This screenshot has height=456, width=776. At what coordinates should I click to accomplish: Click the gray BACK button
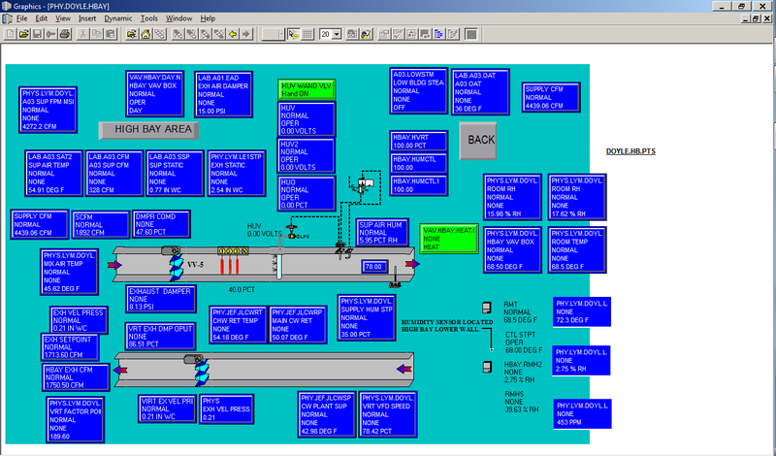(x=479, y=140)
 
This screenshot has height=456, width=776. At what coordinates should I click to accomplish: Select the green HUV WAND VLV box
(x=307, y=90)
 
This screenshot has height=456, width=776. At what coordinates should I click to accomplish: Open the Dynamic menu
(x=118, y=18)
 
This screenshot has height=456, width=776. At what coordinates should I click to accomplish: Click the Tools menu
(x=148, y=18)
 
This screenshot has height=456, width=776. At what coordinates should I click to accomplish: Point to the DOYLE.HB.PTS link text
(x=630, y=152)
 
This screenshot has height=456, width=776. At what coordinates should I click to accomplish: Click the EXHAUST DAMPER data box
(x=161, y=298)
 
